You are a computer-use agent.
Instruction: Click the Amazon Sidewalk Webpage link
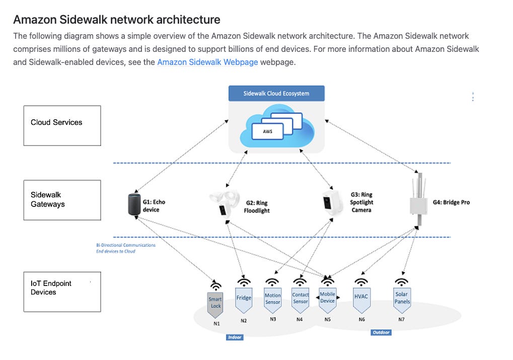[x=207, y=62]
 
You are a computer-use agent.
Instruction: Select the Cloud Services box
[x=62, y=126]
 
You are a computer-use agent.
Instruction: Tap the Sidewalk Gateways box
[x=62, y=200]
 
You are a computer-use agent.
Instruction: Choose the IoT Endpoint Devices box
[x=62, y=292]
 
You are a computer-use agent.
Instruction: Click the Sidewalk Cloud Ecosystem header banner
[x=276, y=93]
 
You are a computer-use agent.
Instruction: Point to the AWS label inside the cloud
[x=268, y=131]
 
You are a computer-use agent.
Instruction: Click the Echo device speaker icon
[x=134, y=204]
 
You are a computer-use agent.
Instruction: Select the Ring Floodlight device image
[x=224, y=203]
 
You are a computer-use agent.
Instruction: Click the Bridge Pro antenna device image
[x=419, y=199]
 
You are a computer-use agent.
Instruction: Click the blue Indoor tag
[x=235, y=337]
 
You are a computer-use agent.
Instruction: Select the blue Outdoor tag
[x=381, y=332]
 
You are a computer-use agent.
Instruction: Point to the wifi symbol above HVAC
[x=361, y=282]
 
